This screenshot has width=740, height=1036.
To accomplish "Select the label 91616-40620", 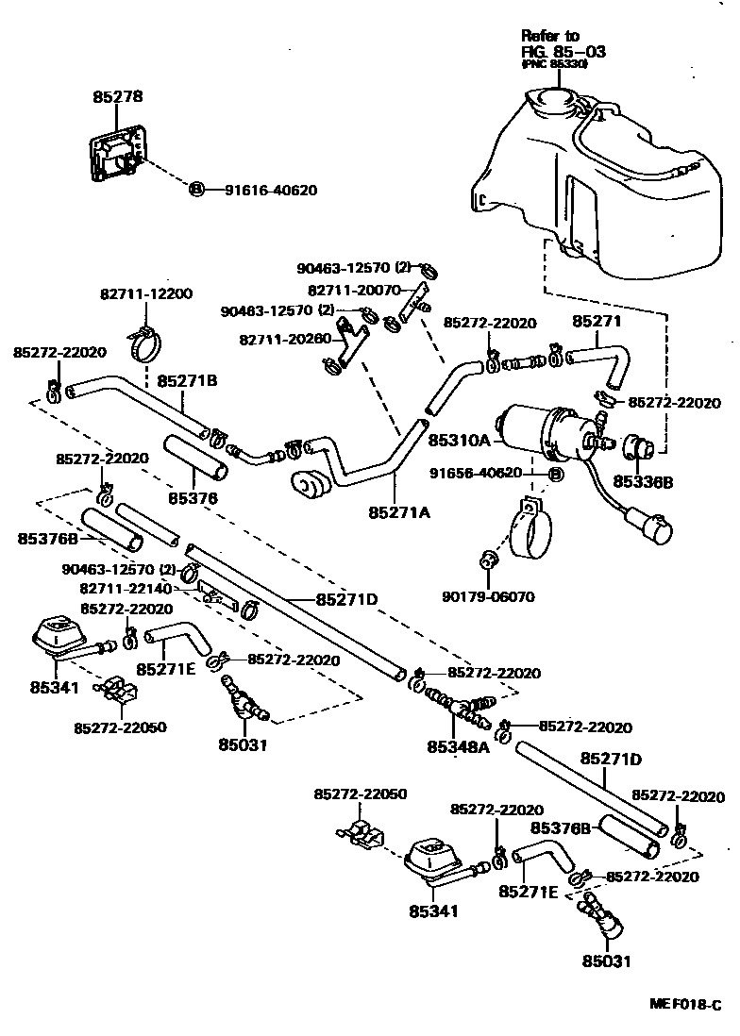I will click(270, 190).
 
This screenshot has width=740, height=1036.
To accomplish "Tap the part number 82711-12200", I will click(145, 294).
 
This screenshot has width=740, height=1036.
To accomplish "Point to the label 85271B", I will click(187, 381).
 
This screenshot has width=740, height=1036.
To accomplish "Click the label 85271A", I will click(399, 511).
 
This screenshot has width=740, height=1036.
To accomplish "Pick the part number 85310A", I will click(460, 440).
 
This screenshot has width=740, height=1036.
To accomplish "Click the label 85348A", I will click(458, 746).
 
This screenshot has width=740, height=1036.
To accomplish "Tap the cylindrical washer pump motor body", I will click(535, 428).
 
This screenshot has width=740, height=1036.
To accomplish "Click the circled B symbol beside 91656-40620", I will click(555, 473).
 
